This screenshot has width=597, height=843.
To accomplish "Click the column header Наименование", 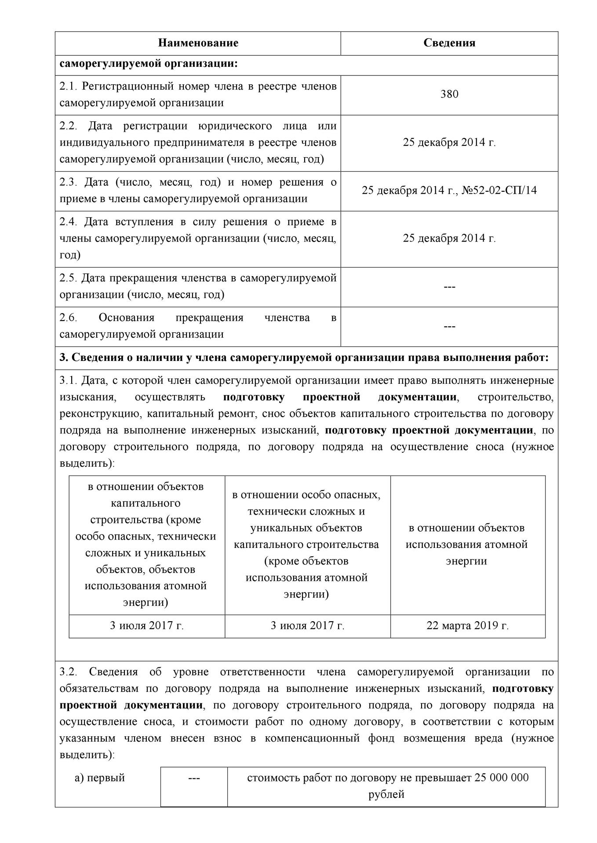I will pos(198,43).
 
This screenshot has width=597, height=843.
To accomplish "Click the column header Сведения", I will pos(449,43).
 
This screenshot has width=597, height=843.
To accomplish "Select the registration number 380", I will pos(449,94).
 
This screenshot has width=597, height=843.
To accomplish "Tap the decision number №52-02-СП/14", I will pos(499,191).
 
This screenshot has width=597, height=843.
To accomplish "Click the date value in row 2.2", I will pos(449,143).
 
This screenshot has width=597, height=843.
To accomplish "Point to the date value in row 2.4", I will pos(449,238).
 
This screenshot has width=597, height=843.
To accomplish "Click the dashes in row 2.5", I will pos(449,287).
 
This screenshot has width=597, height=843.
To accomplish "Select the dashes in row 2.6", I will pos(449,326).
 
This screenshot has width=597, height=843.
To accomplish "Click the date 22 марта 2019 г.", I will pos(467,626).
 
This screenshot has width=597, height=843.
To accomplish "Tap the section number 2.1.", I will pos(69,86).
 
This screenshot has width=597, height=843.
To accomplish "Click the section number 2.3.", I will pos(69,182).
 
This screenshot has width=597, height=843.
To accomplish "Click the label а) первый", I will pos(100,778).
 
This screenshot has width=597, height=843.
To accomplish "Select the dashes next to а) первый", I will pos(194,778).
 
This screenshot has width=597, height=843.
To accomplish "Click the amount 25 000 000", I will pos(502,778).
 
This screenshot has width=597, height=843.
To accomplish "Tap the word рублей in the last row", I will pos(386,794).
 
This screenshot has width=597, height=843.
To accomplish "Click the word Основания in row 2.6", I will pos(127,318).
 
